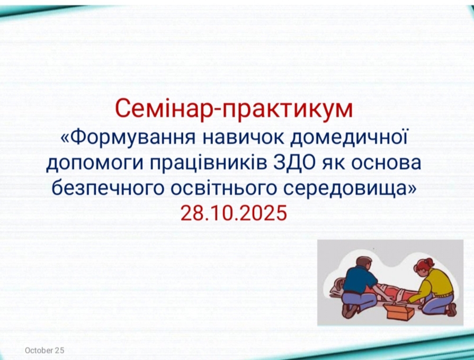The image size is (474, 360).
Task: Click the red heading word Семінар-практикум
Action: click(x=234, y=109)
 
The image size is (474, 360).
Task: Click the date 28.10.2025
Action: click(x=234, y=213)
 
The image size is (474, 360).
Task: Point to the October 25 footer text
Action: click(x=44, y=350)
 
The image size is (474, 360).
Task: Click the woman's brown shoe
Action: click(x=452, y=309)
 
